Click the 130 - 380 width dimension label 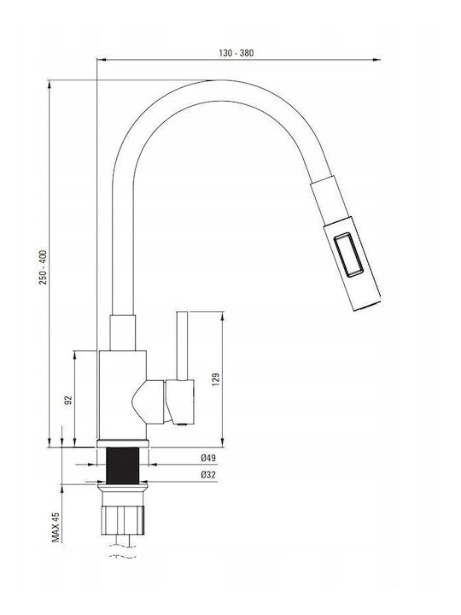[x=236, y=53]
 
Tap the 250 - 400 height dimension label [x=43, y=267]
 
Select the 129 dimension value [x=216, y=379]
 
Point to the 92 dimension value [x=68, y=400]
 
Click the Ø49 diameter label [x=208, y=458]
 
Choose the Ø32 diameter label [x=208, y=475]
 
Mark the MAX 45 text [x=55, y=527]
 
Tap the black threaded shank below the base [x=123, y=466]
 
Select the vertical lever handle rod [x=183, y=346]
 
